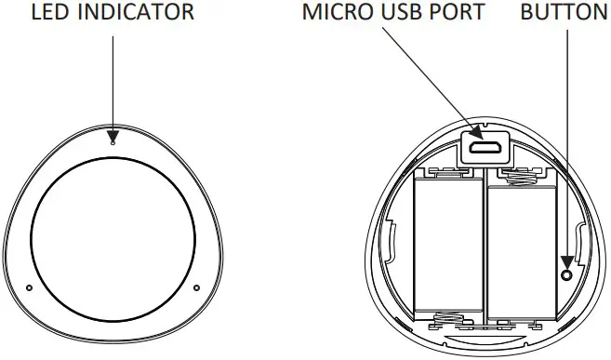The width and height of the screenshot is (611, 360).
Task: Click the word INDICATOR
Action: pyautogui.click(x=133, y=13)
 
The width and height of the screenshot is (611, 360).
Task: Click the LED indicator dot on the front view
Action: pyautogui.click(x=113, y=142)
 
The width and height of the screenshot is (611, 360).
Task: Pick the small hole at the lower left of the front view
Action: pyautogui.click(x=29, y=287)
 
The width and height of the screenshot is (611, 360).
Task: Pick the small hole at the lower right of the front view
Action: pyautogui.click(x=196, y=287)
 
